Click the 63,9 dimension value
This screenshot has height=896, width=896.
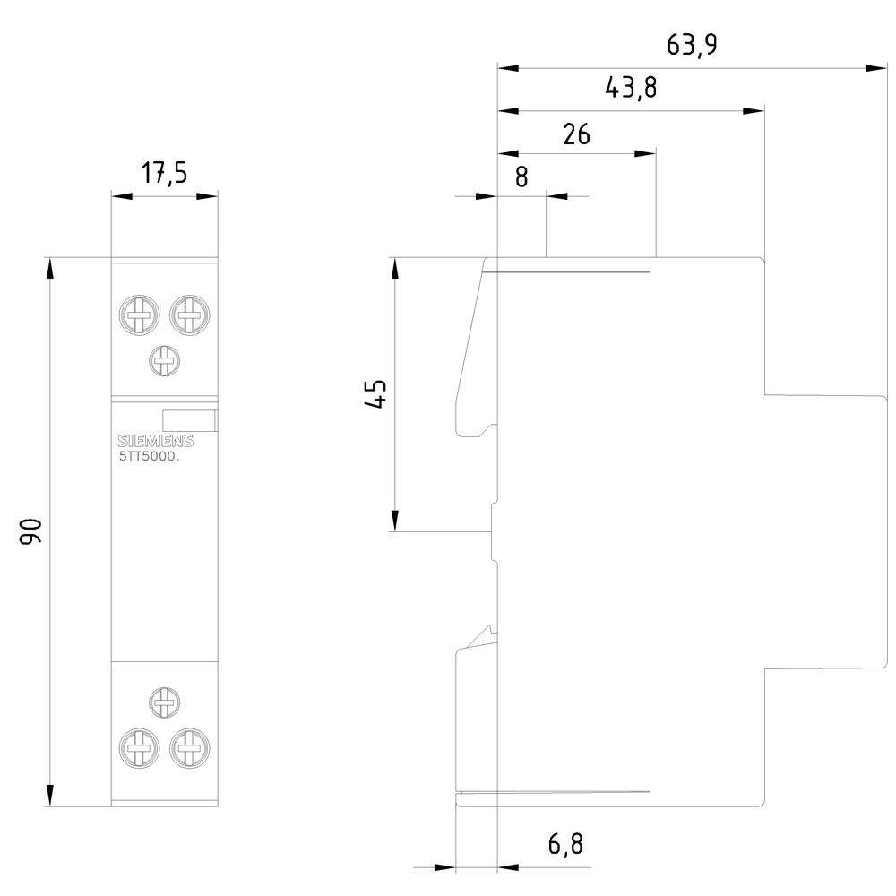(692, 45)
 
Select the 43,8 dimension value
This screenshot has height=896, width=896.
(631, 88)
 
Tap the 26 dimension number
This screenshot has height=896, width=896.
(576, 134)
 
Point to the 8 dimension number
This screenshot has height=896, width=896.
(521, 176)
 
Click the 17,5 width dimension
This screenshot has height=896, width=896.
(164, 172)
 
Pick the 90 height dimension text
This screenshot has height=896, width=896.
(31, 531)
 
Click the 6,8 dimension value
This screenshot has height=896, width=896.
(564, 844)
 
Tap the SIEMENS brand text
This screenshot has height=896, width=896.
(155, 441)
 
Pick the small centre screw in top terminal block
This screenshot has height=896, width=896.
(163, 362)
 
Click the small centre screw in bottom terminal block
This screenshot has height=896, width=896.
(163, 702)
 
